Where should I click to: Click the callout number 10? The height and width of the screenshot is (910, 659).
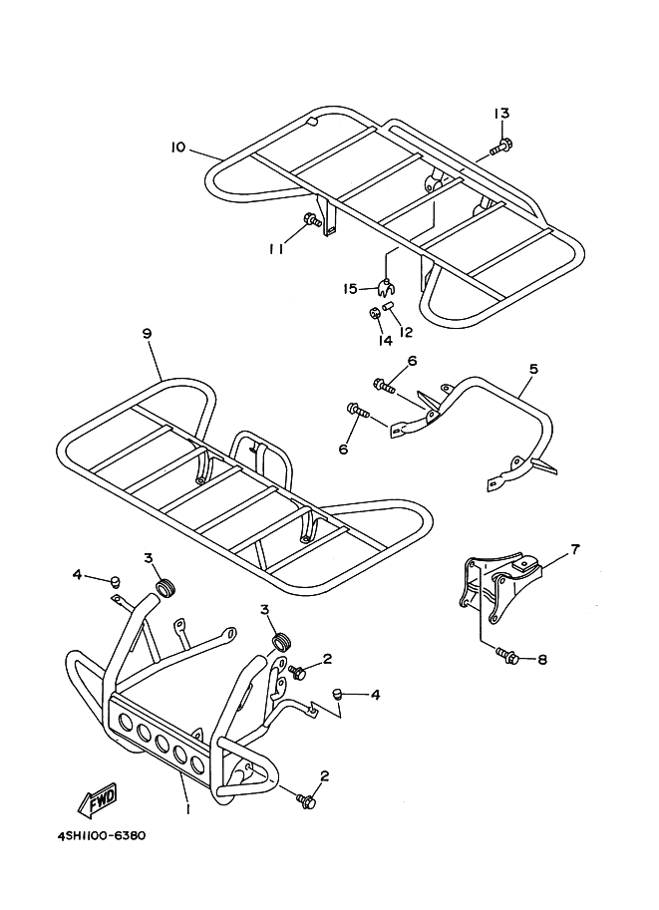pos(177,148)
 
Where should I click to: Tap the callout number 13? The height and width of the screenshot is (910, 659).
pos(500,114)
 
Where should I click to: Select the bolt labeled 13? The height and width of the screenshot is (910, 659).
pos(500,149)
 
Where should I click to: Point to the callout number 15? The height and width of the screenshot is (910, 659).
pos(350,289)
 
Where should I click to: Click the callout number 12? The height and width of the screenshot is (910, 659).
pos(406,331)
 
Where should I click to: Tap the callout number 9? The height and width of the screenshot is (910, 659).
pos(147,334)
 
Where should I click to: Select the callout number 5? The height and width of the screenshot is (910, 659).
pos(532,369)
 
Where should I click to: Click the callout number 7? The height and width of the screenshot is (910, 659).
pos(574,548)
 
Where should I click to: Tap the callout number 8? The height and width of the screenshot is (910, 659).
pos(543,659)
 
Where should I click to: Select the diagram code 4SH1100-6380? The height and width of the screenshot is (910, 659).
pos(95,835)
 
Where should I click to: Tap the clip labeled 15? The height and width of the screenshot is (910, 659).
pos(383,289)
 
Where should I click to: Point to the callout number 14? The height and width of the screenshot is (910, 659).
pos(385,340)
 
